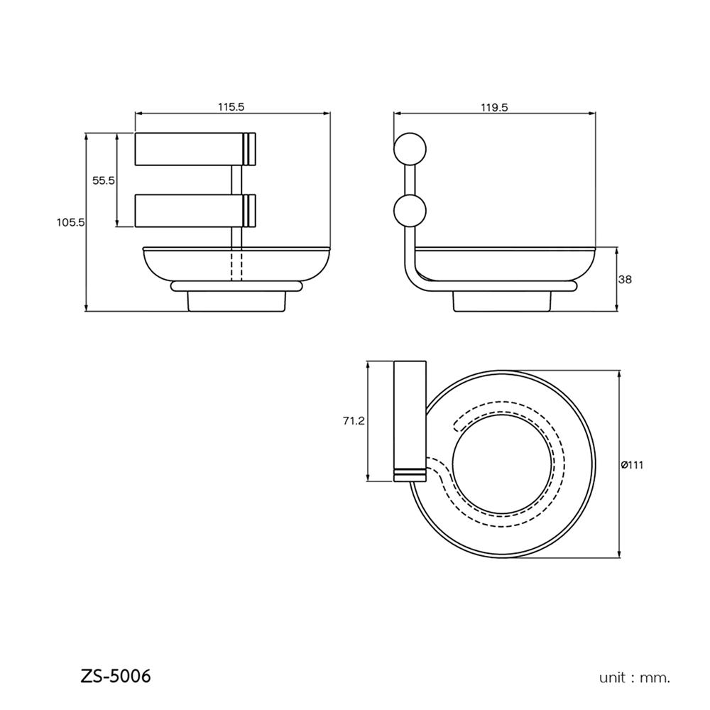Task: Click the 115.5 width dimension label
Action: point(231,107)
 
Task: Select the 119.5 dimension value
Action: point(494,107)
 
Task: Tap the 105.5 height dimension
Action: point(71,222)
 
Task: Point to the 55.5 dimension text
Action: point(104,180)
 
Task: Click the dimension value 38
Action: point(625,279)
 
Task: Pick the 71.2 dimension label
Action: point(353,421)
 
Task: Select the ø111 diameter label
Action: point(631,464)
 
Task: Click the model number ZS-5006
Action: point(116,675)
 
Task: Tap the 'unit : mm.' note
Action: point(635,677)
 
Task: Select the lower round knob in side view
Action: point(410,212)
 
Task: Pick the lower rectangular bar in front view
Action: point(189,211)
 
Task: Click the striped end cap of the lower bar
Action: point(248,211)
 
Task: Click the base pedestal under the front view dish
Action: point(236,301)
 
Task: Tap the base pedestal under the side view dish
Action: point(501,301)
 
